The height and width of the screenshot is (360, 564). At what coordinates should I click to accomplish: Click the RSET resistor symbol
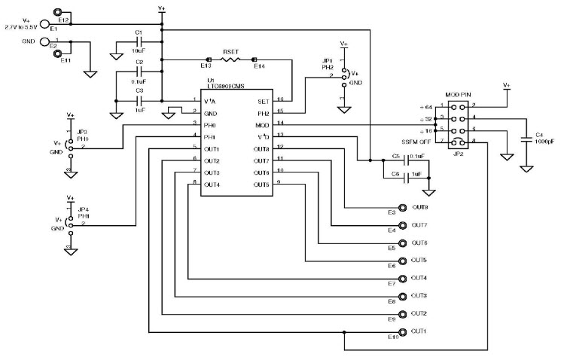[x=230, y=59]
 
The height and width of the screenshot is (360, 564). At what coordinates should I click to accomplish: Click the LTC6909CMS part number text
[x=227, y=87]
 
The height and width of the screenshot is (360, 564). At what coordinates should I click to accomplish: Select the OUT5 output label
[x=419, y=260]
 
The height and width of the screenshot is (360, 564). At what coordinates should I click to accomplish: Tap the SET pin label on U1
[x=262, y=99]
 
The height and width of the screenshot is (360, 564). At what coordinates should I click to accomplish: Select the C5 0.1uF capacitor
[x=407, y=160]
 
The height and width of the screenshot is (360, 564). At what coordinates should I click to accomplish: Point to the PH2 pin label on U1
[x=262, y=111]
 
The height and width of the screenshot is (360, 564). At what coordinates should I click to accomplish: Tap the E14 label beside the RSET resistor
[x=259, y=67]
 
